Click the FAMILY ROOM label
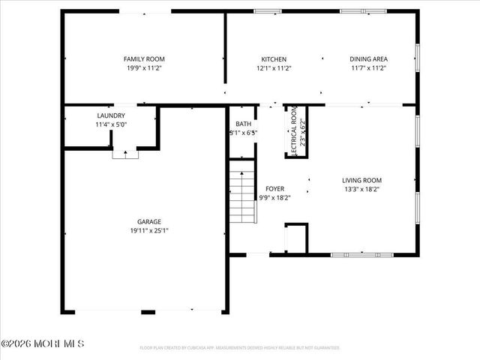(144, 59)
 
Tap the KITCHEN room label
(273, 59)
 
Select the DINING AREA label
(367, 59)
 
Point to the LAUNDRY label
(111, 115)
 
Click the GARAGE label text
(148, 222)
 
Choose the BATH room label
(243, 124)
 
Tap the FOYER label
(274, 189)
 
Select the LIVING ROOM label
(362, 180)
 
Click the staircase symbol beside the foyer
(242, 196)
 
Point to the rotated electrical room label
(295, 130)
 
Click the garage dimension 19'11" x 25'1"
(148, 230)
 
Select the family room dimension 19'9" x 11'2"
(144, 67)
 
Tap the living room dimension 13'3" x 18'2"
(362, 188)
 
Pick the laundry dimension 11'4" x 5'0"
(111, 124)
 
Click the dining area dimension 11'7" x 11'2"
(367, 67)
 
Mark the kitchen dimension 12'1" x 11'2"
(273, 67)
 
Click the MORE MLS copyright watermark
(43, 344)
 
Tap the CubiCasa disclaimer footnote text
(240, 348)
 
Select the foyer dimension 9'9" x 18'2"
(274, 197)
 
